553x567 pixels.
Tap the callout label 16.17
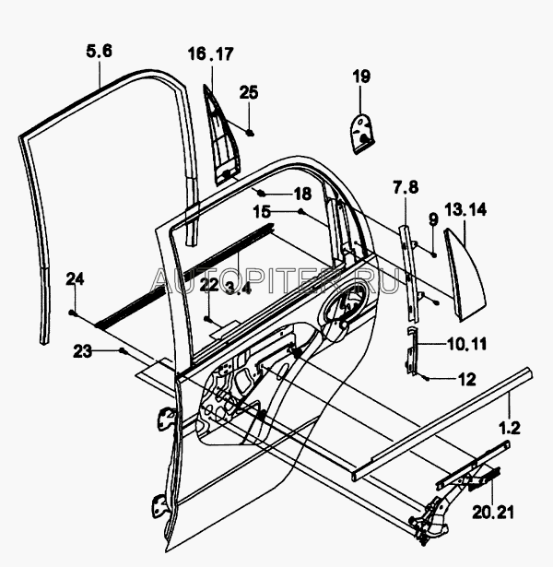(x=211, y=53)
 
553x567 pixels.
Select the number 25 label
(x=250, y=91)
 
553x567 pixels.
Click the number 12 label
(x=466, y=378)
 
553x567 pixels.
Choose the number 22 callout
(x=209, y=283)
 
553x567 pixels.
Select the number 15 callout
(x=263, y=211)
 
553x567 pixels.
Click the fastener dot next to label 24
(x=73, y=313)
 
